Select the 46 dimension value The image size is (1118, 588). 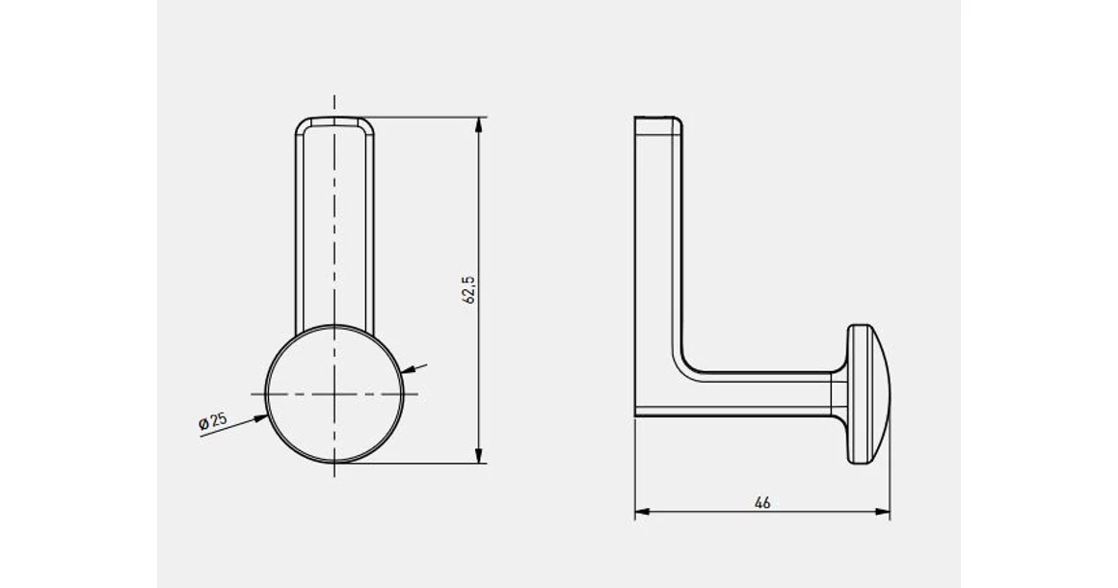coord(762,502)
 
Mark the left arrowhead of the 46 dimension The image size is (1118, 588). coord(640,513)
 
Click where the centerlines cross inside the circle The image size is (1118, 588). coord(334,394)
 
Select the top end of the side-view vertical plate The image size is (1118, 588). coord(658,120)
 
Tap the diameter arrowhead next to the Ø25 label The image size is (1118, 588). coord(263,416)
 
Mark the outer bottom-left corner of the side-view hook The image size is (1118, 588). coord(636,415)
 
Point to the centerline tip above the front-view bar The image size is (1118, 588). coord(334,98)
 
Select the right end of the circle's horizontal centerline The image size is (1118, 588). coord(419,394)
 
